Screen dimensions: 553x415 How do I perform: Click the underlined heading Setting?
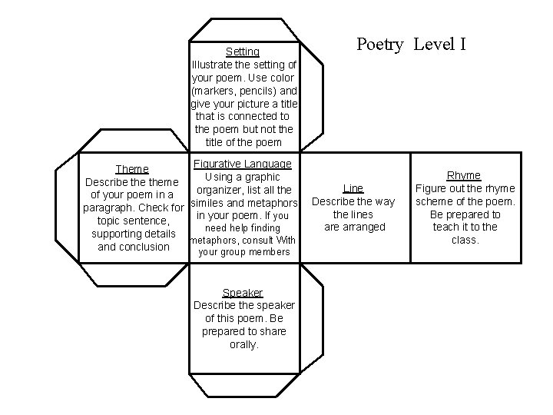click(243, 51)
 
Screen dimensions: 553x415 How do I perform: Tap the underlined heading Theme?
click(131, 169)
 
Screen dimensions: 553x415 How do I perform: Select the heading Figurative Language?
click(243, 164)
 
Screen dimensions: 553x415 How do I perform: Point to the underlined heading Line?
click(353, 188)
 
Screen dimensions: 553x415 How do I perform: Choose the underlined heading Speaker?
click(243, 293)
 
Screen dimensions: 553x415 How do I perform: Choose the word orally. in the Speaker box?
click(243, 345)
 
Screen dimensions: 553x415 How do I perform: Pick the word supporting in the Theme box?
click(116, 234)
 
